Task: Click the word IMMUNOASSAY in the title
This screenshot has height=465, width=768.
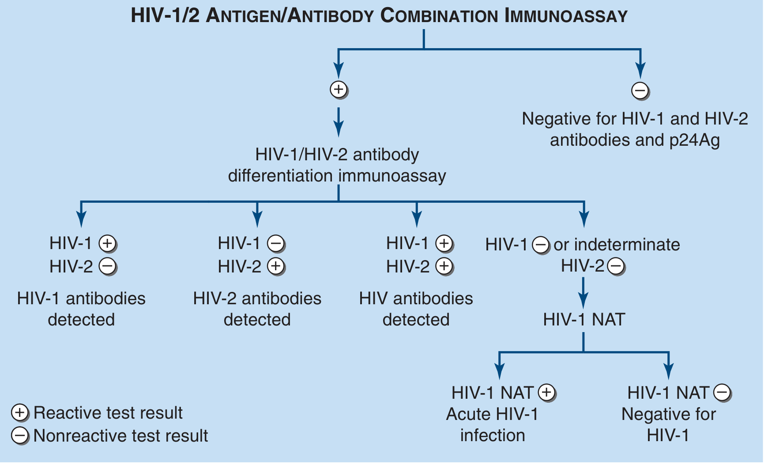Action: pos(566,16)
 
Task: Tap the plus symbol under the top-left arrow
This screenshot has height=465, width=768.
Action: pos(339,90)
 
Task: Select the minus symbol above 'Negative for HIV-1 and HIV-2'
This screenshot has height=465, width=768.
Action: pos(640,91)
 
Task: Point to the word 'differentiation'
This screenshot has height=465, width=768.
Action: pos(280,176)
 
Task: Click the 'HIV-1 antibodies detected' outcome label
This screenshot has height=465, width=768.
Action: pos(81,309)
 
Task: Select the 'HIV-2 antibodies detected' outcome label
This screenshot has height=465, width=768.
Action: pos(257,309)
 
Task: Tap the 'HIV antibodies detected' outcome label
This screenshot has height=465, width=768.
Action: pos(416,309)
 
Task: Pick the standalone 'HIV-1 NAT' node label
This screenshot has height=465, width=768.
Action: pos(584,319)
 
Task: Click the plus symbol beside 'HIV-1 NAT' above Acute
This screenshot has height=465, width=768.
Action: pos(546,393)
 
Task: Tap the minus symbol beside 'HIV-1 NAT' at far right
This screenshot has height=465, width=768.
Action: pos(722,393)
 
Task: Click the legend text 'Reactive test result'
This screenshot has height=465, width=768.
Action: pos(108,413)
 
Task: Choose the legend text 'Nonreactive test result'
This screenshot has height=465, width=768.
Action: pos(120,436)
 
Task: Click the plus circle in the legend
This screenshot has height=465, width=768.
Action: pos(20,413)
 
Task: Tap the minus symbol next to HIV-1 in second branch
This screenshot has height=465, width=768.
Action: pos(276,243)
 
